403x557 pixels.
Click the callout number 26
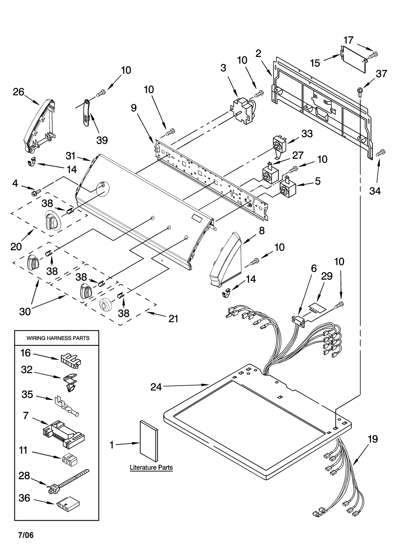click(x=18, y=92)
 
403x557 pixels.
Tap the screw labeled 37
click(x=359, y=91)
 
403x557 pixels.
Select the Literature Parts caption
click(x=151, y=467)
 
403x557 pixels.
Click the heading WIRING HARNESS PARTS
click(x=58, y=338)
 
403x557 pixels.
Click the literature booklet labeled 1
click(x=149, y=441)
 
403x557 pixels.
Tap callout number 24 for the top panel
click(x=156, y=387)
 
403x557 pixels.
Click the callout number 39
click(x=102, y=140)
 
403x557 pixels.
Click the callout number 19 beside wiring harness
click(x=373, y=439)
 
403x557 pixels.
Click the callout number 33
click(x=307, y=134)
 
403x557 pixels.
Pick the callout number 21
click(x=173, y=319)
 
